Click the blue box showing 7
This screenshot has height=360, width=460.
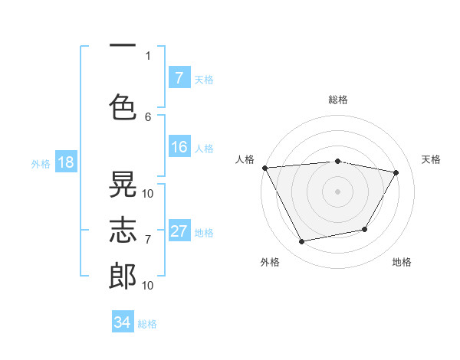[179, 78]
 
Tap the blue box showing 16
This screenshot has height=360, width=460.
[179, 148]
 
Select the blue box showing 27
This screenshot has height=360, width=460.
[179, 232]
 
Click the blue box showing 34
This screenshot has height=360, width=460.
[122, 322]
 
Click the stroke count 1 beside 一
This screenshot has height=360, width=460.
[148, 55]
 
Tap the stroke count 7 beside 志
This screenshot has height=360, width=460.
[148, 239]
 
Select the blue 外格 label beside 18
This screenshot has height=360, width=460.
[41, 164]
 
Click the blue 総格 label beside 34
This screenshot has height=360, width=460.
[147, 324]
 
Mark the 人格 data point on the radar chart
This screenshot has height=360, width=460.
[264, 168]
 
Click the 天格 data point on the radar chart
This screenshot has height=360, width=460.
[396, 173]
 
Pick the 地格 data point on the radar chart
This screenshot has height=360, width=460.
[365, 229]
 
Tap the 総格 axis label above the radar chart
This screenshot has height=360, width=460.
[337, 100]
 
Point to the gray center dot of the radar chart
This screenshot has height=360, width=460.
[337, 191]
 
